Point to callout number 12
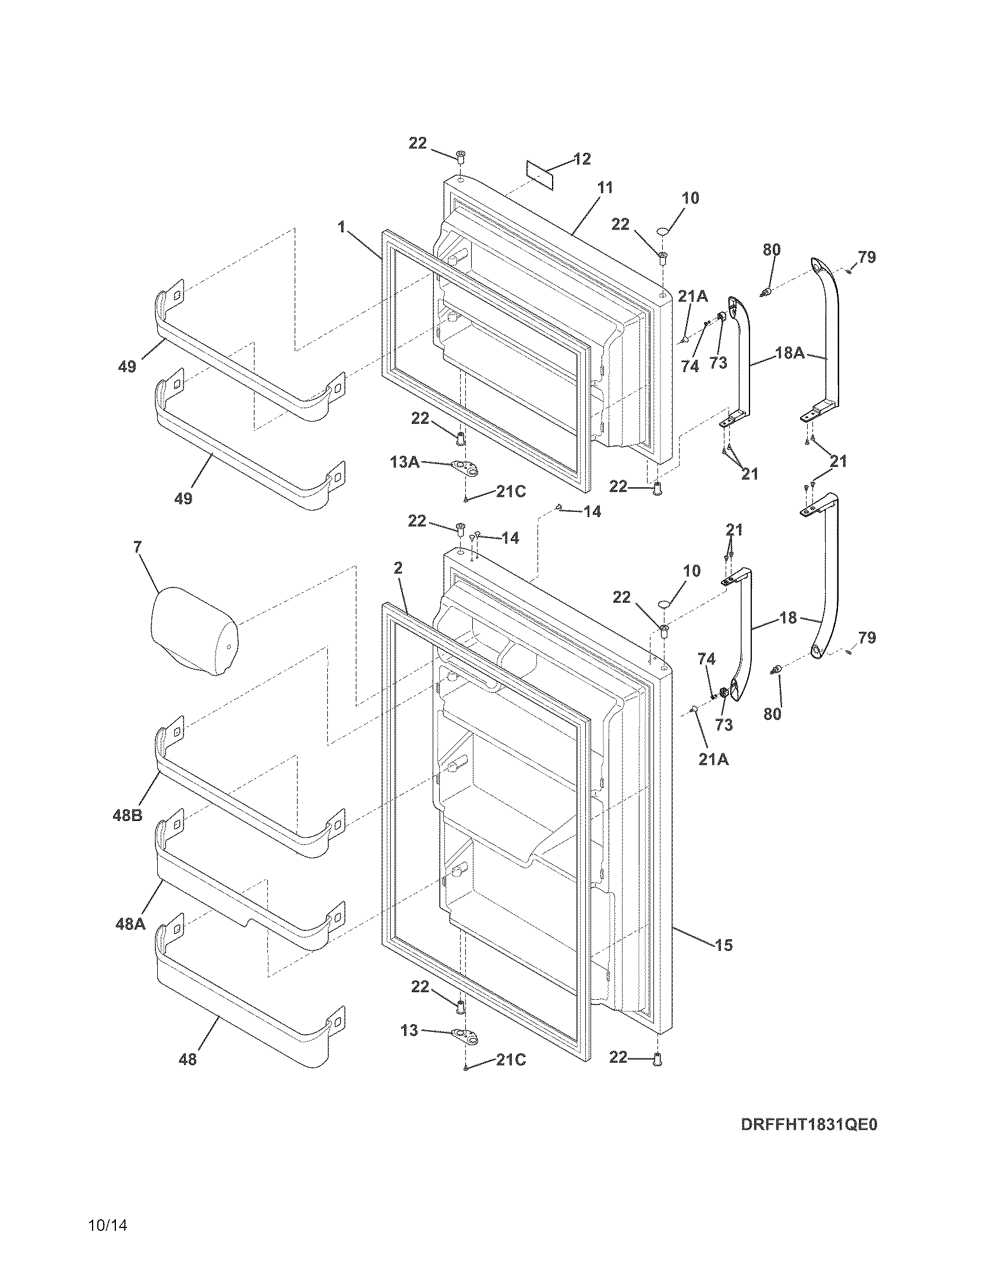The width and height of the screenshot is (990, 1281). tap(582, 159)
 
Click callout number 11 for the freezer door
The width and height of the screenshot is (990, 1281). tap(604, 187)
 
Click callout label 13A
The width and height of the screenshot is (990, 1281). tap(405, 462)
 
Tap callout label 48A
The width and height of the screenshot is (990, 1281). tap(130, 925)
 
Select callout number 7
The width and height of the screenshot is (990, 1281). tap(137, 547)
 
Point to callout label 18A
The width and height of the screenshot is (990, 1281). tap(790, 352)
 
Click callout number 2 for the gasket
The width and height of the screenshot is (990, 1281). tap(398, 568)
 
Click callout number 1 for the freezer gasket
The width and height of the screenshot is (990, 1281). tap(341, 228)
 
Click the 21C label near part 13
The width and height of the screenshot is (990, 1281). tap(511, 1059)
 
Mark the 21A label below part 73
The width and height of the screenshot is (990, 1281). tap(713, 759)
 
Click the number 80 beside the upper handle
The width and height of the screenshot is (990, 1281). tap(772, 249)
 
